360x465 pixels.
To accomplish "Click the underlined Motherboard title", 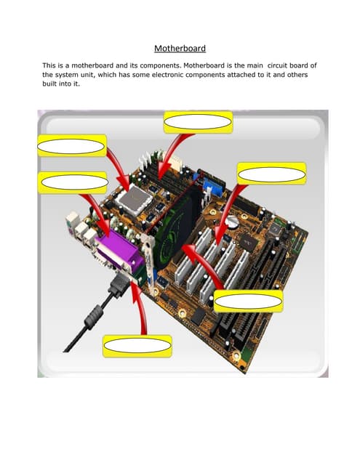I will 180,49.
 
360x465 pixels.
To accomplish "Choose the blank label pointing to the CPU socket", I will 72,145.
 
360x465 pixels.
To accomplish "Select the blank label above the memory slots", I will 198,122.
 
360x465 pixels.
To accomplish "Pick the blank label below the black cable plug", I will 137,347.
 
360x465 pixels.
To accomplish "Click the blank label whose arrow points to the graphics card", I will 247,301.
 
